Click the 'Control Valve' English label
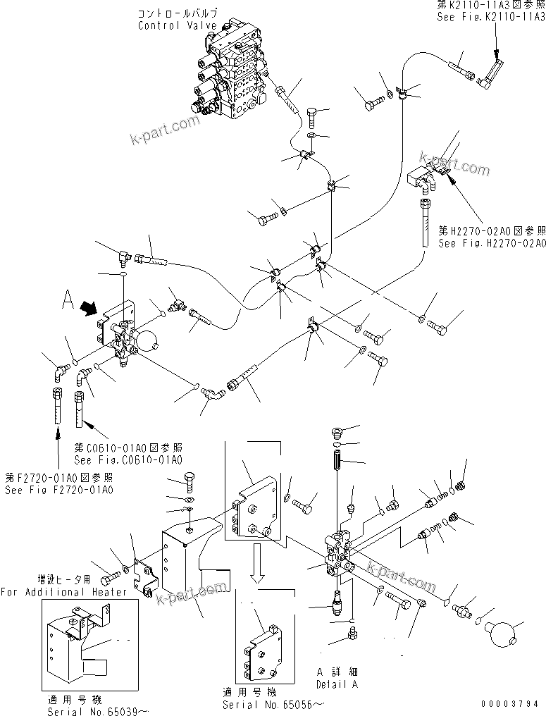(168, 26)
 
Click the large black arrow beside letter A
(89, 308)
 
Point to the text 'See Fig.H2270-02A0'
(492, 243)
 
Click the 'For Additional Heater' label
(64, 592)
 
